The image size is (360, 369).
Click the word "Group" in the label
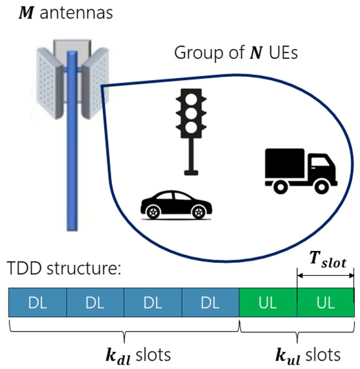tap(194, 54)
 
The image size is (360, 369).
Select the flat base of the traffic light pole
tap(191, 172)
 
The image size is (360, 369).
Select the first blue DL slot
tap(37, 303)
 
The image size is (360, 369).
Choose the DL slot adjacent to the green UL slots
tap(211, 303)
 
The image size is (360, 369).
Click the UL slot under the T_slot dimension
tap(325, 303)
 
